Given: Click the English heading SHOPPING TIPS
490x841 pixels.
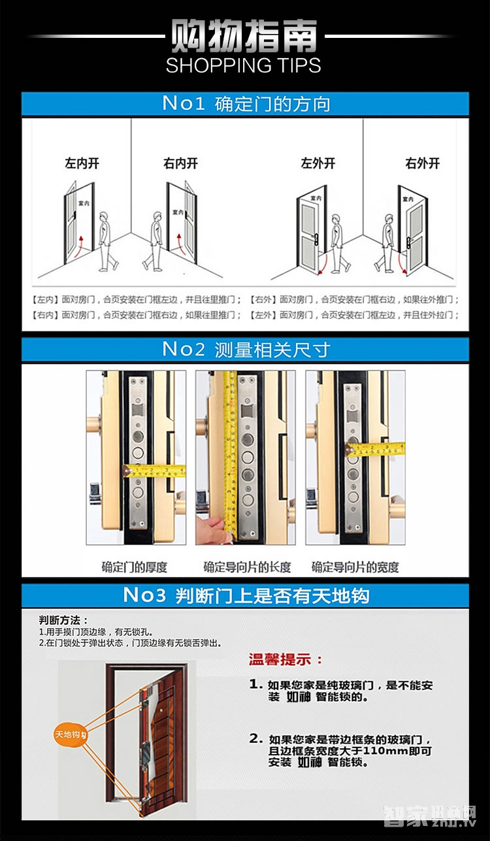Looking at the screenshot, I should coord(243,65).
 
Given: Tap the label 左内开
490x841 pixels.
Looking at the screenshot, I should coord(82,163).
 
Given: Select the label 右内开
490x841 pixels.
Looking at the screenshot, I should coord(180,163).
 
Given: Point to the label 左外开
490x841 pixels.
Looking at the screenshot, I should coord(318,163).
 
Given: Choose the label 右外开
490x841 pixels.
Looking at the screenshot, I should coord(423,163).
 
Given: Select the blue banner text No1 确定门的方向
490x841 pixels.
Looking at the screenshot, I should coord(246,104).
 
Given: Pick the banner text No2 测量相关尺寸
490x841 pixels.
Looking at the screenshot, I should coord(246,350).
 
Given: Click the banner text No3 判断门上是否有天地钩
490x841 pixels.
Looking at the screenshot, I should coord(246,595).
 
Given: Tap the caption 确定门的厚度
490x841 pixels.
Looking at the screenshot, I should coord(135,567).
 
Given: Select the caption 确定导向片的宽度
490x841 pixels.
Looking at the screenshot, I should coord(355,567).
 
